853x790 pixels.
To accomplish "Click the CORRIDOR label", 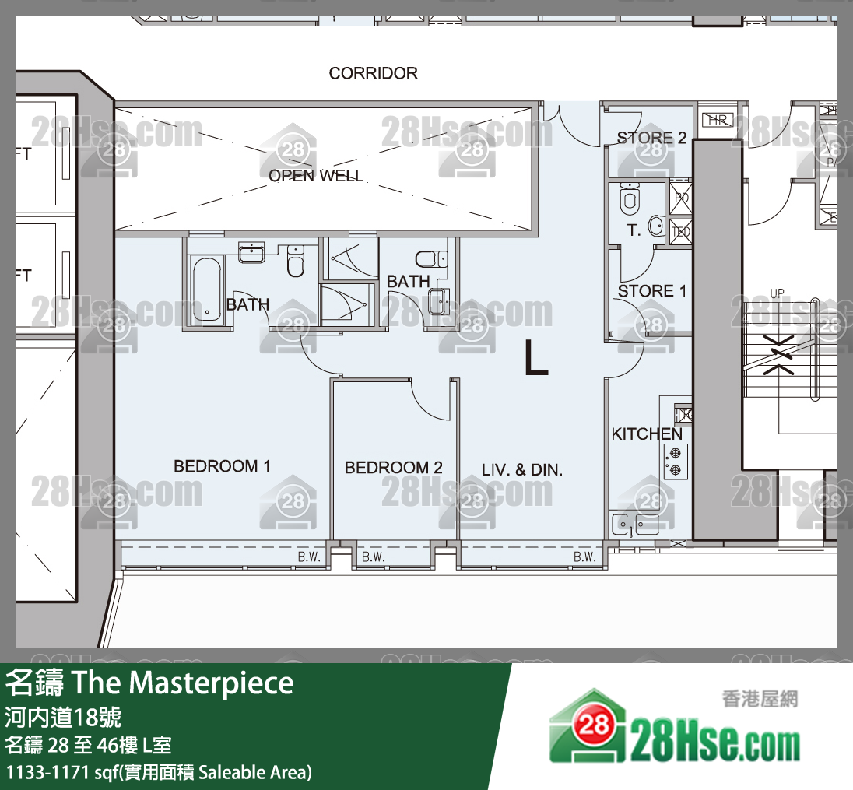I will tap(373, 73).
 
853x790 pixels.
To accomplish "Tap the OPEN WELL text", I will tap(316, 176).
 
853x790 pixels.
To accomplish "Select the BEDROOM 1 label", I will tap(222, 466).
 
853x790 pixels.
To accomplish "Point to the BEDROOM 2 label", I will tap(393, 467).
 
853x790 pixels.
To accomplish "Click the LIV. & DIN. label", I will tap(521, 470).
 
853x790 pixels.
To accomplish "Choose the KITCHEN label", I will tap(646, 434).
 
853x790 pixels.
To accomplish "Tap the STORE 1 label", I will tap(651, 291).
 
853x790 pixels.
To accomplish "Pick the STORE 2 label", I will tap(651, 138).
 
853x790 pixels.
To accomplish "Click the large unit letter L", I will tap(535, 358).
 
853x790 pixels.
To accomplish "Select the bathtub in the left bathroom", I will tap(206, 290).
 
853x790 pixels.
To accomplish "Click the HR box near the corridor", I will tap(717, 120).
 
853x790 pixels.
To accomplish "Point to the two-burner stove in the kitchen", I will tap(675, 461).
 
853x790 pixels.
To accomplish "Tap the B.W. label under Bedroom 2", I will tap(374, 557).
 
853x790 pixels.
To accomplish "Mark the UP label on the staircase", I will tap(777, 293).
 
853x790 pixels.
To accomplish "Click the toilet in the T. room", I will tap(630, 201).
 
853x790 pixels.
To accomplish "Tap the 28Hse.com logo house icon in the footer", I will tap(588, 726).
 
